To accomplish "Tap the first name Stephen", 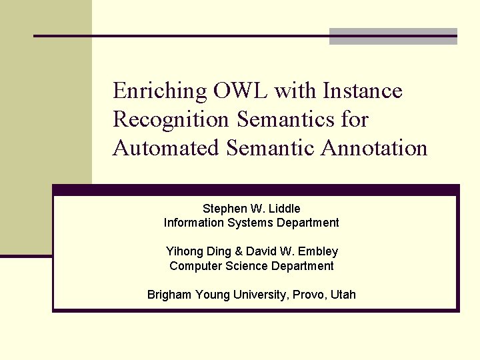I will (x=223, y=209).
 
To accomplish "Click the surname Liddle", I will (x=285, y=209).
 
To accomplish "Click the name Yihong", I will (x=183, y=251).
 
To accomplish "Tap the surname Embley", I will (x=319, y=251).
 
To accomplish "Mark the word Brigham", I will (x=169, y=295).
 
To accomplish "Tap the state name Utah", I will (x=343, y=295).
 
